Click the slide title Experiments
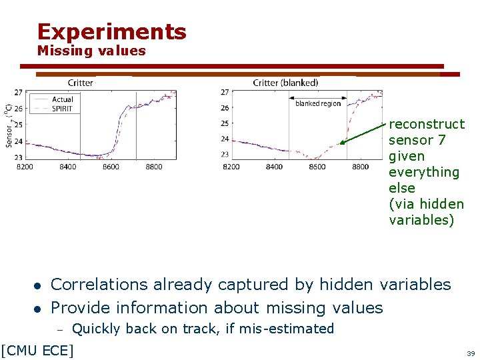point(112,31)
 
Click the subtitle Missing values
point(91,51)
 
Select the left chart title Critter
point(80,83)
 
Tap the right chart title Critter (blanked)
point(285,83)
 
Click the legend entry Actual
point(62,99)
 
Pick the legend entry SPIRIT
point(62,108)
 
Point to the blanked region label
point(318,103)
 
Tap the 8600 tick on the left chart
point(111,167)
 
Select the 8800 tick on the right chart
point(360,167)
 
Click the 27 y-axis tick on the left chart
point(18,92)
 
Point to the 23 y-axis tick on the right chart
point(225,155)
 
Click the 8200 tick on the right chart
point(231,167)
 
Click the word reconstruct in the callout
point(427,124)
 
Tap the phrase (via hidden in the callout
point(426,204)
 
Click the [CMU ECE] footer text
point(37,349)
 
